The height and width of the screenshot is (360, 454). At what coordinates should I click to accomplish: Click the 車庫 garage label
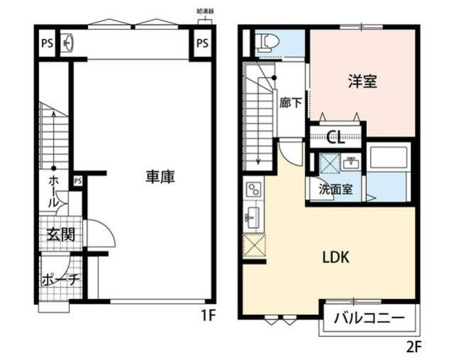160,177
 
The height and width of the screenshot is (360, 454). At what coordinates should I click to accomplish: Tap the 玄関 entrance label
61,235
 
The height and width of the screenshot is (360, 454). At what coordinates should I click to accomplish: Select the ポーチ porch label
60,279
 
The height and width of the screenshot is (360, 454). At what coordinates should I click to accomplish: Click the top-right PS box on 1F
202,43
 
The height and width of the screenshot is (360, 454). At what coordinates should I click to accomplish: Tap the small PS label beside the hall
77,181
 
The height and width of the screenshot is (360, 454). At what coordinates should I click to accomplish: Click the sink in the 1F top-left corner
67,43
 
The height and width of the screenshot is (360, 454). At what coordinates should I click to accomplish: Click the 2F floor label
414,347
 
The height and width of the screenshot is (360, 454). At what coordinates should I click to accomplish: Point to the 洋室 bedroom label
362,81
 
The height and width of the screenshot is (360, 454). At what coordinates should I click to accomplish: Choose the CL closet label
336,137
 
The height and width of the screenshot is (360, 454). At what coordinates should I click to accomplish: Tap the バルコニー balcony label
370,318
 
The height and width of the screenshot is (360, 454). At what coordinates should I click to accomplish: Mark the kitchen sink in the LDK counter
253,217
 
